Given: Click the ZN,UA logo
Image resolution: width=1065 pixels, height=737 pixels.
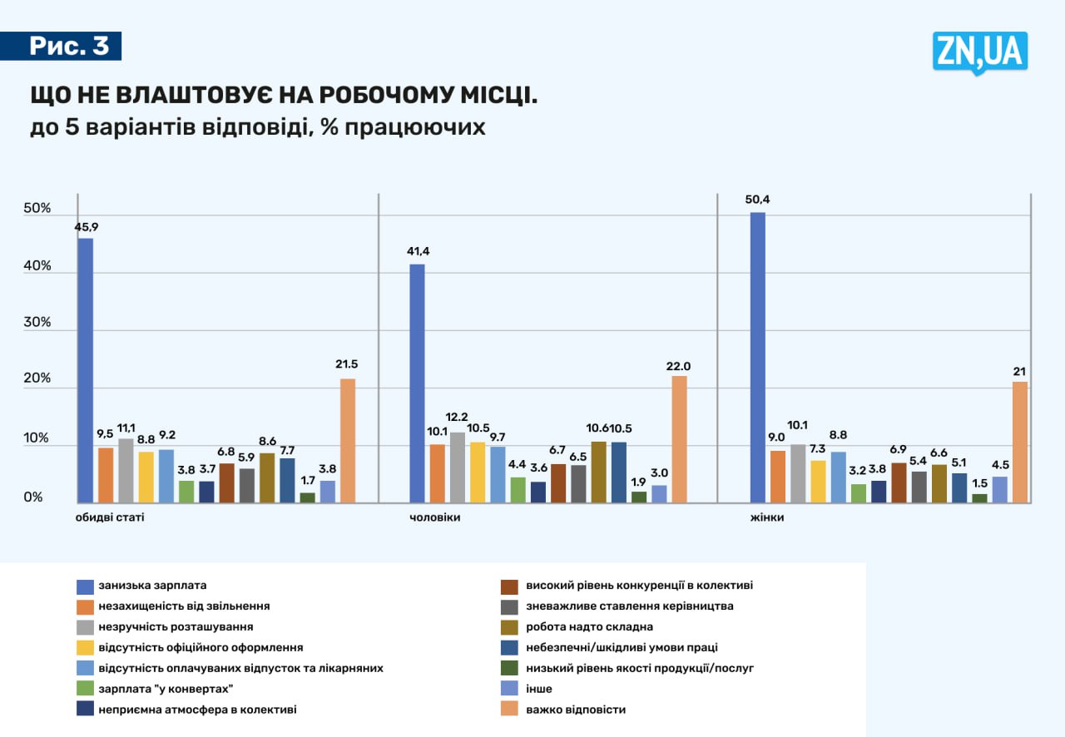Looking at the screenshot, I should (979, 52).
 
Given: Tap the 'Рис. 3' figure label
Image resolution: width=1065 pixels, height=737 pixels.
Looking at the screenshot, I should (69, 46).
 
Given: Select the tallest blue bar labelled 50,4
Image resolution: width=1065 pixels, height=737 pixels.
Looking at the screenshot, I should (757, 358).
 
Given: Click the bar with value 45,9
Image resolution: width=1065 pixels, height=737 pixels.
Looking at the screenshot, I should (85, 370).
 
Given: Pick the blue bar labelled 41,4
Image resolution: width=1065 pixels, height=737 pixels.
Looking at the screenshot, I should (417, 383).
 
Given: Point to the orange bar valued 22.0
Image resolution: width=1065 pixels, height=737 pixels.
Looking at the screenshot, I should (679, 439).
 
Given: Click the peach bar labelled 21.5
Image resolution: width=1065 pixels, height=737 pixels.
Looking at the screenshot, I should (348, 441).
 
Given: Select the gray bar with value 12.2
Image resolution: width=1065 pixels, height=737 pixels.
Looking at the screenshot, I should (457, 467).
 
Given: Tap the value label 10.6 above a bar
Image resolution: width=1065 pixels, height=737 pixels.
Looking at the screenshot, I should (598, 428).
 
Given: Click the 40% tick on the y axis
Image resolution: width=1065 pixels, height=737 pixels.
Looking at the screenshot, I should (38, 266).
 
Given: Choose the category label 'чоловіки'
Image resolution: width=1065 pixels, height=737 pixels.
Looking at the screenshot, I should (435, 517).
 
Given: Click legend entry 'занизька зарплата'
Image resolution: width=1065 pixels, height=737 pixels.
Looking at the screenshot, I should (152, 585).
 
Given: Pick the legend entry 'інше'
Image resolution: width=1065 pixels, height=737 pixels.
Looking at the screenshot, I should (538, 689).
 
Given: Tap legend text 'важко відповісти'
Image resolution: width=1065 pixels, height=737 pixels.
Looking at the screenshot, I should (575, 710).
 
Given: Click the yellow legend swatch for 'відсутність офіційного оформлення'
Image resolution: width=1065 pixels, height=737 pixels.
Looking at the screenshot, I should (84, 647).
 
